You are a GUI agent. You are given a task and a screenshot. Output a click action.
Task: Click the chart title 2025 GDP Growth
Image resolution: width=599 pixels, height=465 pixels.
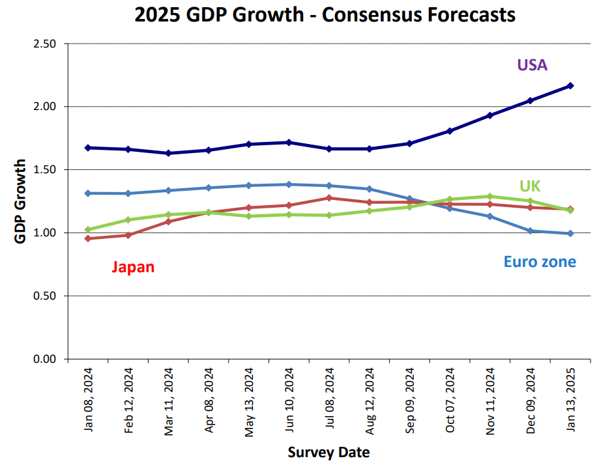(x=325, y=14)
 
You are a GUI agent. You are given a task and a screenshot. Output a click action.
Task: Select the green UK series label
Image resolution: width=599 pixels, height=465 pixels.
(x=530, y=186)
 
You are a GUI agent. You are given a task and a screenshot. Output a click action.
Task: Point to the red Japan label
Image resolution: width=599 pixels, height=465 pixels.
(x=133, y=267)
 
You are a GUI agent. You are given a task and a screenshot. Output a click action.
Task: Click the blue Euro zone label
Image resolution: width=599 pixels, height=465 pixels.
(x=540, y=262)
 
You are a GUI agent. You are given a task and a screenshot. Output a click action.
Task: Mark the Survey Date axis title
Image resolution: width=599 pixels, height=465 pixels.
(x=329, y=452)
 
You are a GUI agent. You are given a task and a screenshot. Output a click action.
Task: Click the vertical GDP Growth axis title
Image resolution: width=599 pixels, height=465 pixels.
(x=20, y=201)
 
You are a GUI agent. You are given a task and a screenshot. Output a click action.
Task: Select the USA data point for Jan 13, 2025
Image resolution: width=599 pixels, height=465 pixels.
(x=570, y=86)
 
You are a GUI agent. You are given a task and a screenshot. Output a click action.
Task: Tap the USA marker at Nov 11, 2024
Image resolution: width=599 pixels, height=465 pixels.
(x=490, y=115)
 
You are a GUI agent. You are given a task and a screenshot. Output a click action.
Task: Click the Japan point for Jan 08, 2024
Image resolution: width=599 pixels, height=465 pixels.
(x=88, y=238)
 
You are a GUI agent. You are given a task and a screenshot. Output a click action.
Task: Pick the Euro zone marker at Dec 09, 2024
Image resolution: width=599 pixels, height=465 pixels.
(x=531, y=231)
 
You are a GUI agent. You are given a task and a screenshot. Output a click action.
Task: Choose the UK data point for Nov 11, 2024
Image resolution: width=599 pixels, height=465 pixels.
(x=490, y=196)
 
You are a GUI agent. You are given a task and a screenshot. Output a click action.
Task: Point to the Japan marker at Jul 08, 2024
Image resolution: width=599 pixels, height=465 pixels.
(x=330, y=198)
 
